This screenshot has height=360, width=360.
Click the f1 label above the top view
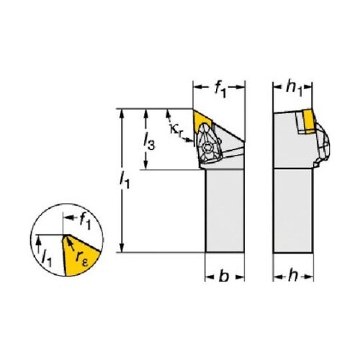220,89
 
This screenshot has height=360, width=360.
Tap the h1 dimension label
294,89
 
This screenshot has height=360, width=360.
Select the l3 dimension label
149,142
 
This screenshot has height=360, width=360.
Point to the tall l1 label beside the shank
125,180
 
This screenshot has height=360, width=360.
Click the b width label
224,276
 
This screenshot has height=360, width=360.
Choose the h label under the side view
293,276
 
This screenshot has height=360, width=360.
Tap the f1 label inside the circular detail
85,221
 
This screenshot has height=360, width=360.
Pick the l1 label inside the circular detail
46,258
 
